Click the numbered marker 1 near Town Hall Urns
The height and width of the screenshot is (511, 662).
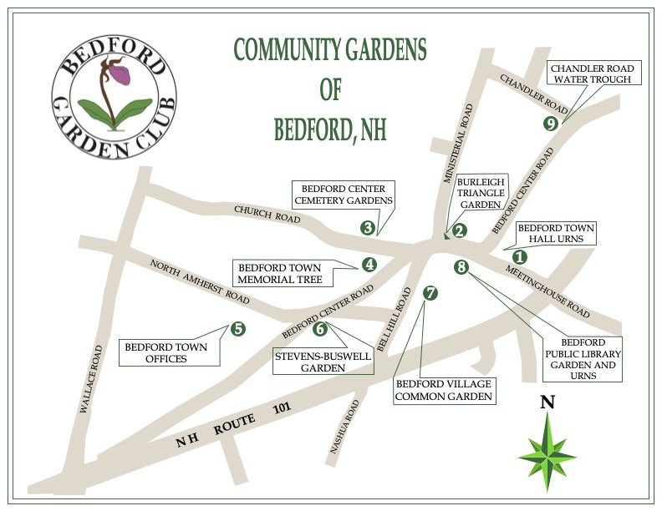[x=519, y=258]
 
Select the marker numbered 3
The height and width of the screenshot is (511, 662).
[x=367, y=226]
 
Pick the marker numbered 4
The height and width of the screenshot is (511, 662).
[x=369, y=265]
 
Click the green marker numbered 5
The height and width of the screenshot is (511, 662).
[x=238, y=328]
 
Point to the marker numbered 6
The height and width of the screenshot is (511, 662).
[x=320, y=328]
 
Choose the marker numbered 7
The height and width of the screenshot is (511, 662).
[x=430, y=293]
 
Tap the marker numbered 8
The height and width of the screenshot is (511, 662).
[x=461, y=267]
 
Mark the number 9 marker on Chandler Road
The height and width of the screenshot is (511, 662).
[x=549, y=124]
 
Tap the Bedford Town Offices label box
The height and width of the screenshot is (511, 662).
[x=169, y=352]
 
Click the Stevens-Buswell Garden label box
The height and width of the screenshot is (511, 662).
[x=311, y=362]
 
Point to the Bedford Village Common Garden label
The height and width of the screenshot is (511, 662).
[x=443, y=390]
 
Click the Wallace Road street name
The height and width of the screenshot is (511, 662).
[x=91, y=378]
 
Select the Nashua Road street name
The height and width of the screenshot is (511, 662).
[x=344, y=426]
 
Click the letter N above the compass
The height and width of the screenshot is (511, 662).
[x=547, y=402]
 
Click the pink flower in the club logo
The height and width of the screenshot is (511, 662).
[x=120, y=74]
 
